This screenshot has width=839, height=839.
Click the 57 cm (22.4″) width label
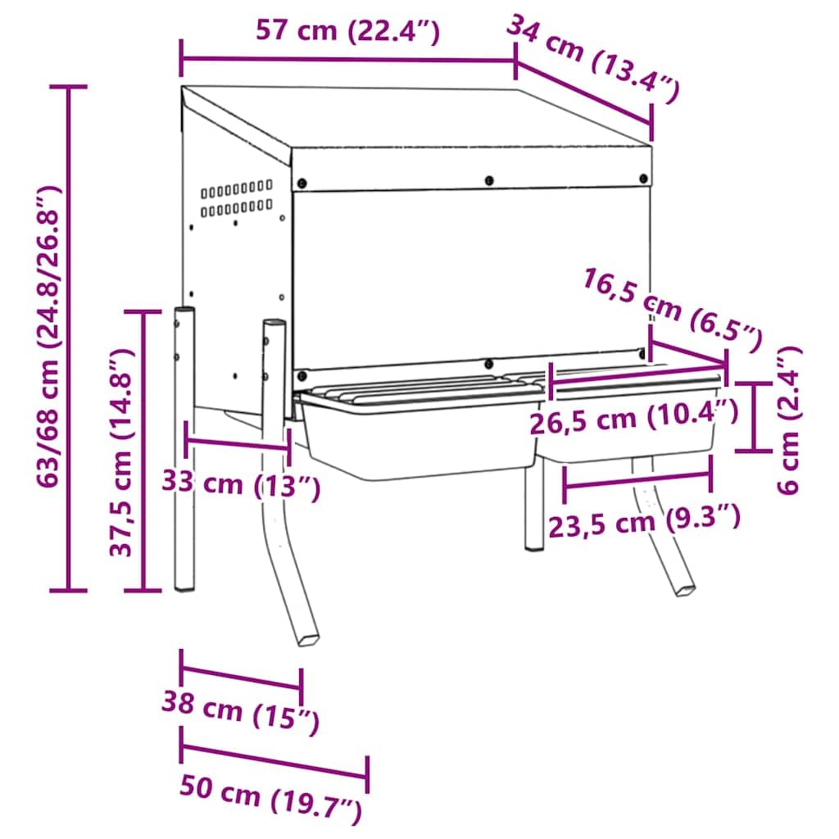coord(347,31)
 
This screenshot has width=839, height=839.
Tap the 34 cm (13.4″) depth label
coord(592,58)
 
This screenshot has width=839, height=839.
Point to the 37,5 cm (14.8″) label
coord(120,452)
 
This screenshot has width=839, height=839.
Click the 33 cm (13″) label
coord(241,484)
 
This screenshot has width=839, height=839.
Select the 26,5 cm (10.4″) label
coord(634,417)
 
